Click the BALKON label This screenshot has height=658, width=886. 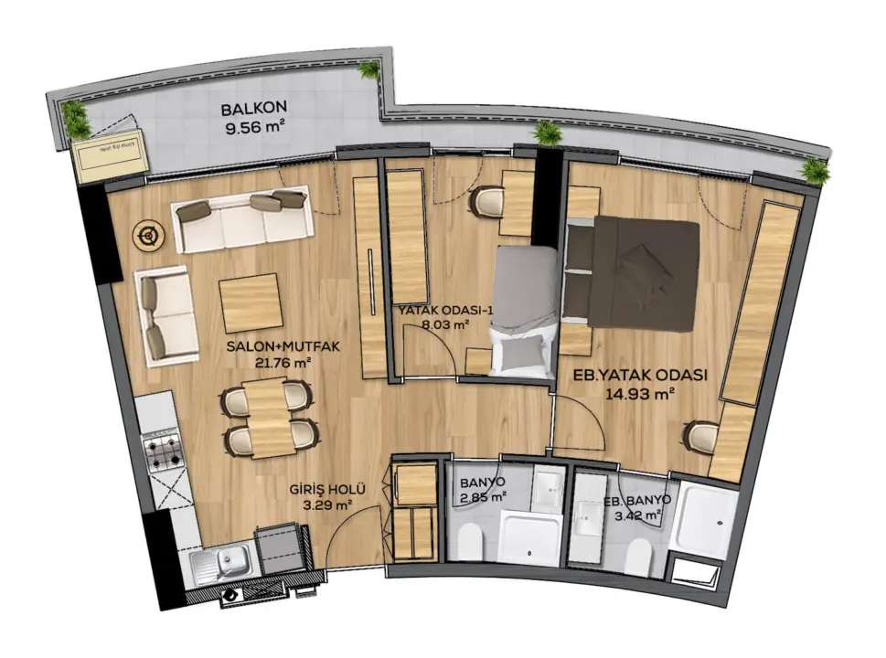tap(253, 107)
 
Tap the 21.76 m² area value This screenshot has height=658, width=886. tap(283, 363)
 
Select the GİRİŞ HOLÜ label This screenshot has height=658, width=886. tap(327, 490)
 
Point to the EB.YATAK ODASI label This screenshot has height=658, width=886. tap(640, 375)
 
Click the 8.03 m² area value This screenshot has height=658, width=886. tap(446, 324)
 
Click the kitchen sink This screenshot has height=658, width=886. tap(222, 564)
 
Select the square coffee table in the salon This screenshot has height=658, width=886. tap(251, 303)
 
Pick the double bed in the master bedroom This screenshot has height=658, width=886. tap(634, 274)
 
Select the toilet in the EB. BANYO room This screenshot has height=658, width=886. tap(639, 557)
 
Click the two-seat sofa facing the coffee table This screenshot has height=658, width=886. tap(165, 316)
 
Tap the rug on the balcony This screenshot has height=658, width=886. tap(112, 156)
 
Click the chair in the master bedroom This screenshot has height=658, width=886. tap(700, 436)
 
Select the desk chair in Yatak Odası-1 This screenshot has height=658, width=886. tap(486, 201)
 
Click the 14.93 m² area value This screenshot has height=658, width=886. tap(640, 394)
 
